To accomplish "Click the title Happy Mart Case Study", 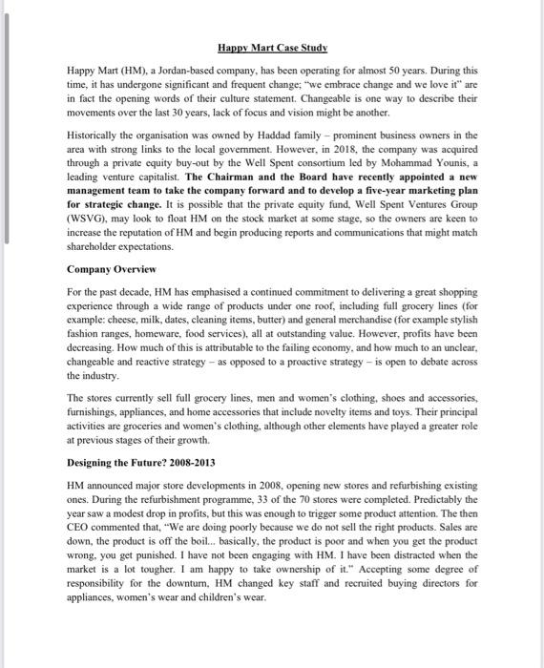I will click(x=272, y=47).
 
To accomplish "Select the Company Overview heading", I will click(x=110, y=271).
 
